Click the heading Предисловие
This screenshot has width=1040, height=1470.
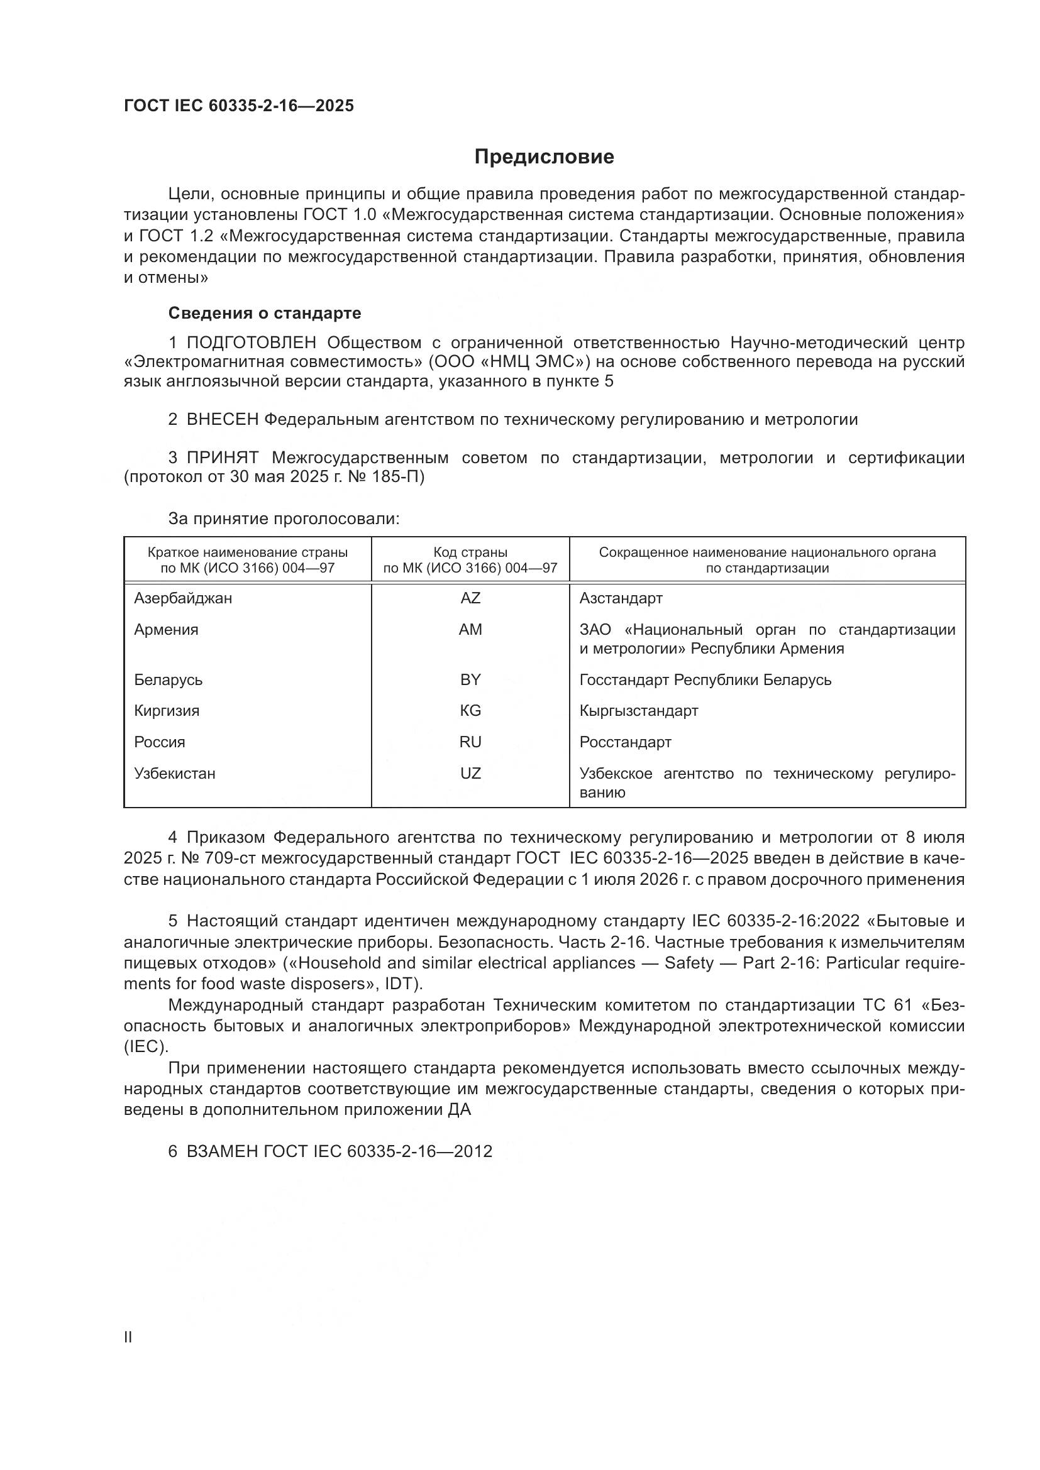click(x=544, y=157)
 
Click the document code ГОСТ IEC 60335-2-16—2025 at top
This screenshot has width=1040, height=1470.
click(x=238, y=106)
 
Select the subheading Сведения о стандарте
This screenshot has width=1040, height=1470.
click(x=265, y=313)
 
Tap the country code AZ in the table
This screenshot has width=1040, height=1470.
click(x=470, y=598)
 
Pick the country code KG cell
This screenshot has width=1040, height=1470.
click(x=470, y=711)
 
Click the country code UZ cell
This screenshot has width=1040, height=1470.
click(x=470, y=774)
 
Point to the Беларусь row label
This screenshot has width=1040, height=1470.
click(x=169, y=679)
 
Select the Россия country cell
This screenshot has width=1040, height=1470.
click(x=160, y=742)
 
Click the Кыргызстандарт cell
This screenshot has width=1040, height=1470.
click(x=638, y=711)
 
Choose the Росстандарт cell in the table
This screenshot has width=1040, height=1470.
click(x=625, y=742)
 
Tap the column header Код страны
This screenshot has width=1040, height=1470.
click(x=470, y=552)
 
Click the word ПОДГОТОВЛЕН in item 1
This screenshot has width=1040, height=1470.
click(x=251, y=343)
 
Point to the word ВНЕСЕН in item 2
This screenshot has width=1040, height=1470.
click(x=222, y=420)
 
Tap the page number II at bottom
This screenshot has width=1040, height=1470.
click(x=128, y=1337)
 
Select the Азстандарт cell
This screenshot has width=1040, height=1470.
click(x=621, y=598)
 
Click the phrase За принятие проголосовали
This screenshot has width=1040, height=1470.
click(x=284, y=518)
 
